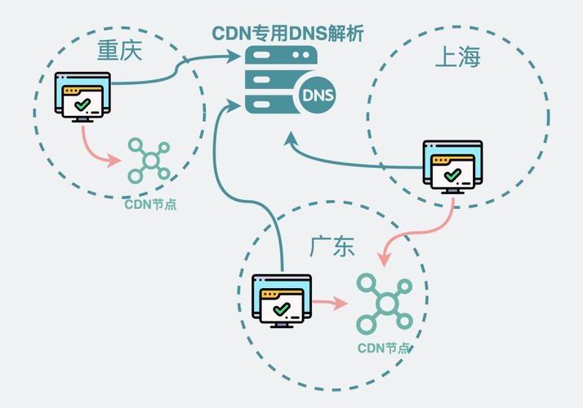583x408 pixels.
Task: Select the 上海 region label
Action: [x=456, y=57]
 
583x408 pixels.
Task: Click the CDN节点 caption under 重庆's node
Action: [x=150, y=204]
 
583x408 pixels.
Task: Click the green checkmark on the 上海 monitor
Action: [x=452, y=175]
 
